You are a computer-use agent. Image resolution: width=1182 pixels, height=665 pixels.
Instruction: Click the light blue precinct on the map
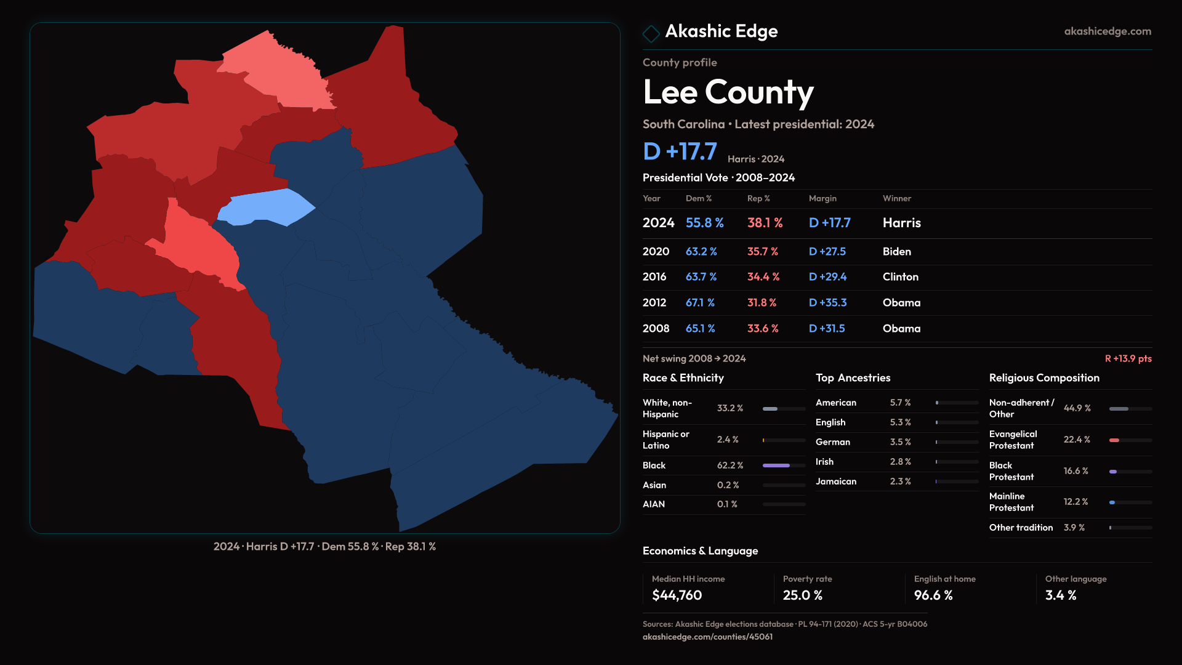click(265, 207)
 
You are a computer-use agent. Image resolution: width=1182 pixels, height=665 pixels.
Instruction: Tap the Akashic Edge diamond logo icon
click(651, 33)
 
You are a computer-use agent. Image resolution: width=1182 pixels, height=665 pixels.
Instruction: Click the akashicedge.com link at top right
click(1108, 31)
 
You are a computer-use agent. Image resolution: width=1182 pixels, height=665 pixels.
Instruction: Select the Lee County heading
click(728, 92)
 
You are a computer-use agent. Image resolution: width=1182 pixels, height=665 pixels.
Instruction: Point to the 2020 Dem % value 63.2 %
click(701, 252)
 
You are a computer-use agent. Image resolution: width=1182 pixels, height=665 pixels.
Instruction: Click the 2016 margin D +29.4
click(827, 277)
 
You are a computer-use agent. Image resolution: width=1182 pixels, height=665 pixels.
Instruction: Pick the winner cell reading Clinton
click(900, 277)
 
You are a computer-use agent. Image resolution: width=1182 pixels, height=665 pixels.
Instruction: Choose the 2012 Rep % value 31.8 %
click(762, 303)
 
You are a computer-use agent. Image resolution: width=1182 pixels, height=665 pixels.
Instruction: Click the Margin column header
click(822, 198)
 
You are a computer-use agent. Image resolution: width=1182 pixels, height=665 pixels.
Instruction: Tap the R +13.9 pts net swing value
click(1128, 358)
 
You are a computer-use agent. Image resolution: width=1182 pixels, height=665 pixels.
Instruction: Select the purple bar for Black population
click(776, 465)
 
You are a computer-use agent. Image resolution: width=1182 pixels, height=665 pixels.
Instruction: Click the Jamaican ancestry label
click(835, 482)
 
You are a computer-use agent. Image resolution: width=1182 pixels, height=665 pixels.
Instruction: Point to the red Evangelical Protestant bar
click(1114, 440)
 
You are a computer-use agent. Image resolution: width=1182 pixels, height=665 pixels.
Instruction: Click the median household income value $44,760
click(677, 595)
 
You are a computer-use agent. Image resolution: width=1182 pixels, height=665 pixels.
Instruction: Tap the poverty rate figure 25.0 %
click(802, 595)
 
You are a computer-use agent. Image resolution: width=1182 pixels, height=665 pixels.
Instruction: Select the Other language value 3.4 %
click(1060, 595)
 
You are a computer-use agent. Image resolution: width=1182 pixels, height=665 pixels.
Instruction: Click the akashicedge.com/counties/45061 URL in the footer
click(707, 637)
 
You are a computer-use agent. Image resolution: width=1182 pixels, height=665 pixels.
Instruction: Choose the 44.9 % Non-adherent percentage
click(1077, 408)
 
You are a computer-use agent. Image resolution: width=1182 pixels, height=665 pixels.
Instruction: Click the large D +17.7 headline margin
click(680, 151)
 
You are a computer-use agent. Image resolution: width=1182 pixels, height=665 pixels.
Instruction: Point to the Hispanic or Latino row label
click(665, 440)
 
